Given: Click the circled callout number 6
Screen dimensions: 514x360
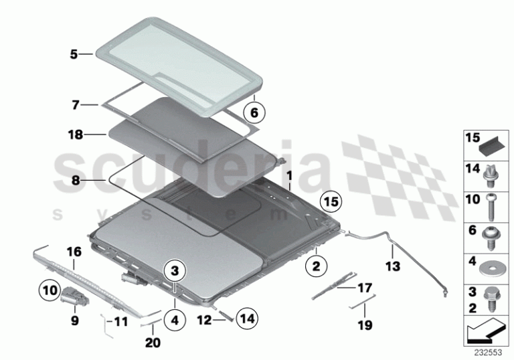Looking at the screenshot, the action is pos(254,112).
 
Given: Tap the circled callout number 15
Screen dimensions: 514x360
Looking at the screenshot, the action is pos(331,201).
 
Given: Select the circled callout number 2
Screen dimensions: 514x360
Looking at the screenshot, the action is pos(316,266).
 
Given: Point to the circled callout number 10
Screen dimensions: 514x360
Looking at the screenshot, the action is pos(50,290).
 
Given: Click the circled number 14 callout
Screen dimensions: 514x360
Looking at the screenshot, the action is pos(247,319).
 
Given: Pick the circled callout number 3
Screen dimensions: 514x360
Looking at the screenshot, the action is pos(175,271).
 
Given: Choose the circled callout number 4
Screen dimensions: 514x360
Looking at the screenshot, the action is pos(175,320).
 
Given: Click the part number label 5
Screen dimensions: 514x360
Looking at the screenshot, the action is pos(74,54).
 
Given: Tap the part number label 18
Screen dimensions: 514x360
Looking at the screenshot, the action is pos(76,134).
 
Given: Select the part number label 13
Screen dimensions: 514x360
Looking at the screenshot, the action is pos(393,266).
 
